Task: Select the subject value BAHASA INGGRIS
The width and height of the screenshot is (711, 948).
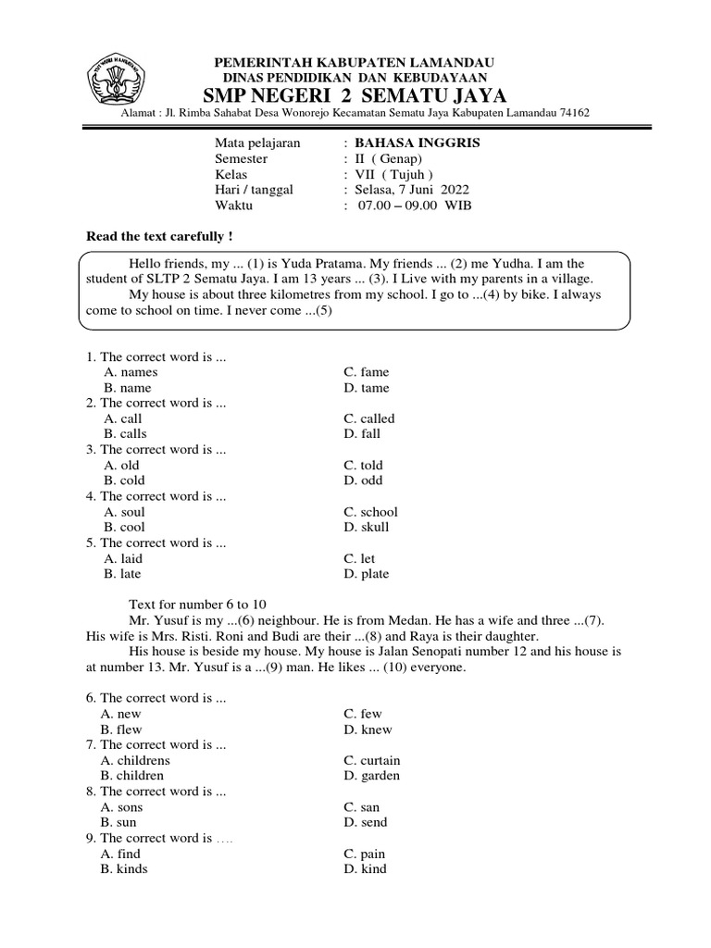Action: pos(418,143)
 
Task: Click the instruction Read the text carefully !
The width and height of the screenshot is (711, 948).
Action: pos(159,236)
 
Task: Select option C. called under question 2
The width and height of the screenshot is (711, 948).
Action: pos(368,418)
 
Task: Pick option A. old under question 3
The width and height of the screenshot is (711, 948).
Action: pos(121,465)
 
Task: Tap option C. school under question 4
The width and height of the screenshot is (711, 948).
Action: pos(370,511)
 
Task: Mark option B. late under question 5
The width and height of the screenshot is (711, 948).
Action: pos(123,574)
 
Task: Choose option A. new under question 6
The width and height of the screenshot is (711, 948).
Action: pos(120,714)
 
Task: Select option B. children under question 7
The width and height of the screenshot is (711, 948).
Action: pos(133,775)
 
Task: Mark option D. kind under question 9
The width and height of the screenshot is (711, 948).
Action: pos(365,868)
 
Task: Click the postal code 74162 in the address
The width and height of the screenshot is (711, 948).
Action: pos(570,113)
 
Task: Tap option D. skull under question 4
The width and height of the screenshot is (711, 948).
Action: pos(366,527)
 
